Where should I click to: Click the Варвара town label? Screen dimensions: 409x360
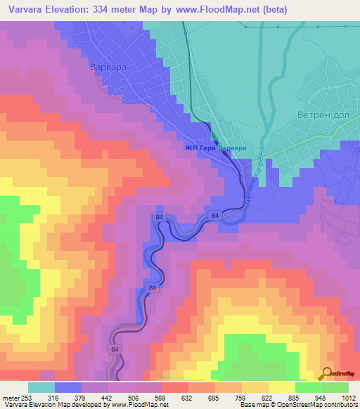[107, 67]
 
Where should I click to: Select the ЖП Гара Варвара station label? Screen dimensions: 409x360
[215, 148]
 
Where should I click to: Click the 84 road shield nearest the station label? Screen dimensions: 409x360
[215, 215]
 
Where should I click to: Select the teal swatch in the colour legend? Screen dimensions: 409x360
[41, 387]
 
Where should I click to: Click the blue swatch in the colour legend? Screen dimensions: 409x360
[68, 387]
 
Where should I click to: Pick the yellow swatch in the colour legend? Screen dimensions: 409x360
[255, 387]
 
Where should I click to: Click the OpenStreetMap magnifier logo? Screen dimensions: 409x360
[326, 372]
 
